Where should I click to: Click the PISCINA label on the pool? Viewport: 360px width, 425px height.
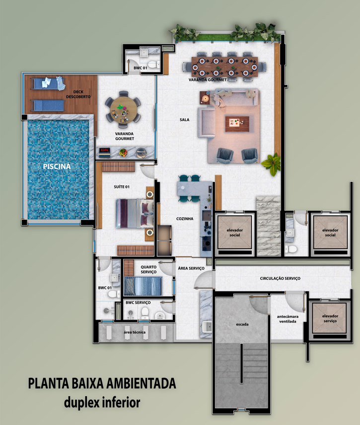tap(57, 166)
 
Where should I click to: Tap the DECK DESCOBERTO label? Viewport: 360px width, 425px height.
tap(78, 94)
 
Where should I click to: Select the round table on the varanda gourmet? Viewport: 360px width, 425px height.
tap(124, 109)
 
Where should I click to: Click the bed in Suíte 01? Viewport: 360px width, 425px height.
tap(135, 213)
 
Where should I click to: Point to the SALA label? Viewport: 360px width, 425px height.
tap(185, 119)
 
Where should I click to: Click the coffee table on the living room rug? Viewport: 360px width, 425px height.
tap(237, 124)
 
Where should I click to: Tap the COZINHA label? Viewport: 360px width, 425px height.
tap(185, 218)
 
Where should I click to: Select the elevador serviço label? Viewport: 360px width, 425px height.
tap(330, 318)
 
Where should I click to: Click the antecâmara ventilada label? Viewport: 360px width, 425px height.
tap(288, 319)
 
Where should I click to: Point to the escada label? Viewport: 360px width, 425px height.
tap(242, 324)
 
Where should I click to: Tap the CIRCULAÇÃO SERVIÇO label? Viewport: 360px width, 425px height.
tap(280, 278)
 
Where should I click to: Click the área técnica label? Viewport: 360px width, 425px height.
tap(135, 332)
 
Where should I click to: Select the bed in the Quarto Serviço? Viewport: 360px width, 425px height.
tap(143, 286)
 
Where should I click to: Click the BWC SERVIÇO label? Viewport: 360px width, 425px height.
tap(138, 303)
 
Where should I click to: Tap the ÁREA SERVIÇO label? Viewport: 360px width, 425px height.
tap(191, 268)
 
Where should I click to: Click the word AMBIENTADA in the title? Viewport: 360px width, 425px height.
tap(141, 383)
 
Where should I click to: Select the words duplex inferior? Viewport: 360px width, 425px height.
tap(102, 402)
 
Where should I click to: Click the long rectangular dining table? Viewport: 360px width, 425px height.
tap(224, 67)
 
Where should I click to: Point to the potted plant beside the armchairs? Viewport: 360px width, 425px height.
tap(271, 164)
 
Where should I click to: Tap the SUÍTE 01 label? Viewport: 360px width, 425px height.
tap(122, 187)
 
